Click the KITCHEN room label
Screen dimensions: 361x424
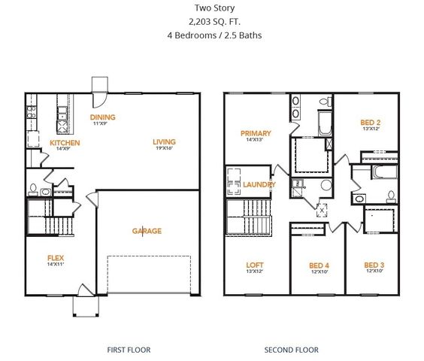pyautogui.click(x=65, y=142)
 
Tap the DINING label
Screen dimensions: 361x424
pyautogui.click(x=102, y=117)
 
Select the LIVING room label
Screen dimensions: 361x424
pyautogui.click(x=164, y=141)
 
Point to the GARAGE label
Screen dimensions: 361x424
pyautogui.click(x=147, y=231)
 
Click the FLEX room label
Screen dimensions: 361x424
pyautogui.click(x=56, y=257)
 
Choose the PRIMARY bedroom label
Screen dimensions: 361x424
pyautogui.click(x=256, y=133)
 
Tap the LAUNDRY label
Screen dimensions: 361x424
pyautogui.click(x=259, y=184)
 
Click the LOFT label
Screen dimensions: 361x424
pyautogui.click(x=255, y=265)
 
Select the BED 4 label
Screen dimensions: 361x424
pyautogui.click(x=320, y=265)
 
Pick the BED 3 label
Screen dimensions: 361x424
pyautogui.click(x=374, y=265)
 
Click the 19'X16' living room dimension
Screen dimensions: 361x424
pyautogui.click(x=164, y=149)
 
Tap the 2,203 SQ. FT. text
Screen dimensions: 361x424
pyautogui.click(x=214, y=21)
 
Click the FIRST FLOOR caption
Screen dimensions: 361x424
pyautogui.click(x=130, y=350)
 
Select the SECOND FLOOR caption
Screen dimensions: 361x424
pyautogui.click(x=291, y=350)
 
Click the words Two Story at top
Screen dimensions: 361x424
pyautogui.click(x=214, y=8)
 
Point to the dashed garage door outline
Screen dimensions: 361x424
pyautogui.click(x=149, y=275)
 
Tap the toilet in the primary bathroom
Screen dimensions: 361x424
pyautogui.click(x=324, y=102)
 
